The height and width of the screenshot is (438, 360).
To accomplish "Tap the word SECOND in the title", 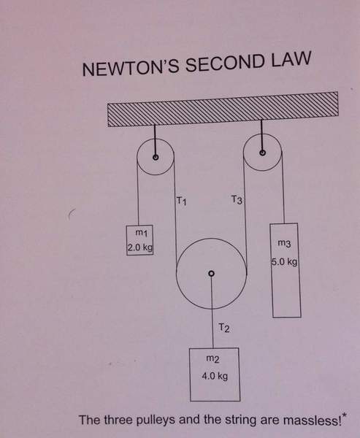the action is tap(225, 63).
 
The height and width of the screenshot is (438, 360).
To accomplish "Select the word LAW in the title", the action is tap(291, 58).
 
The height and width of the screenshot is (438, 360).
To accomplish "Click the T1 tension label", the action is tap(181, 201).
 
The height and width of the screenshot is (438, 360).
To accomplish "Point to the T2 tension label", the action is tap(224, 328).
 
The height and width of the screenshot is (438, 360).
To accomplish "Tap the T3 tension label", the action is tap(237, 200).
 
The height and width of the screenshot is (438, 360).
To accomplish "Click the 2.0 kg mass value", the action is tap(140, 247).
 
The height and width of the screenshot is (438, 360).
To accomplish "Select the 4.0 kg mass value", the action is tap(215, 376).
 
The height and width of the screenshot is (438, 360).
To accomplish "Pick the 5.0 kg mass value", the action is tap(285, 262).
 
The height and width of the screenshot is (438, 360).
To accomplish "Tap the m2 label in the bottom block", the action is tap(212, 358).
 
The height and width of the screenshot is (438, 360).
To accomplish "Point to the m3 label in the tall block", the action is tap(285, 243).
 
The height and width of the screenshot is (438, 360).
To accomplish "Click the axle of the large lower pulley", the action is tap(212, 273).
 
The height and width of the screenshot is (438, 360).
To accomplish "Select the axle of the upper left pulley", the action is tap(156, 157).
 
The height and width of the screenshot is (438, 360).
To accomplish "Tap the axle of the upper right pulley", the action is tap(262, 153).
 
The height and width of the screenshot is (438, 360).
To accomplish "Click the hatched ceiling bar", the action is tap(223, 109).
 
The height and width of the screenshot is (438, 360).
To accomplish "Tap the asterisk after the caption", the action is tap(344, 416).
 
